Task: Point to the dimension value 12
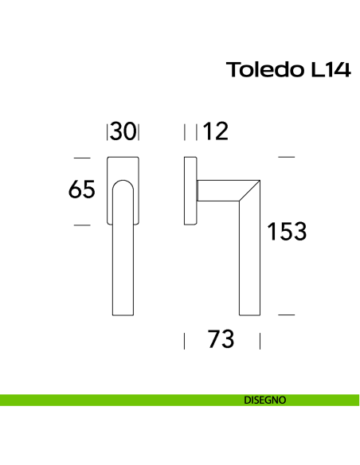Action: click(x=215, y=131)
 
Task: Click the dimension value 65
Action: click(x=82, y=190)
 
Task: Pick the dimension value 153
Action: click(x=286, y=232)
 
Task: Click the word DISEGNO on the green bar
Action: click(x=265, y=401)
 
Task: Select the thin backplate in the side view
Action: click(x=190, y=191)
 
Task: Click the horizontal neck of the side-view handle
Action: click(x=219, y=191)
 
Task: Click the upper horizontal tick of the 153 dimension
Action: click(x=286, y=158)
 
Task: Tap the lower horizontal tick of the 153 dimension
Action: click(x=286, y=315)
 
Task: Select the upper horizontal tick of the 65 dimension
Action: click(x=82, y=158)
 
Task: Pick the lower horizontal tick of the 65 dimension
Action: click(x=82, y=225)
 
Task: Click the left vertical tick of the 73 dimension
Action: click(x=185, y=341)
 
